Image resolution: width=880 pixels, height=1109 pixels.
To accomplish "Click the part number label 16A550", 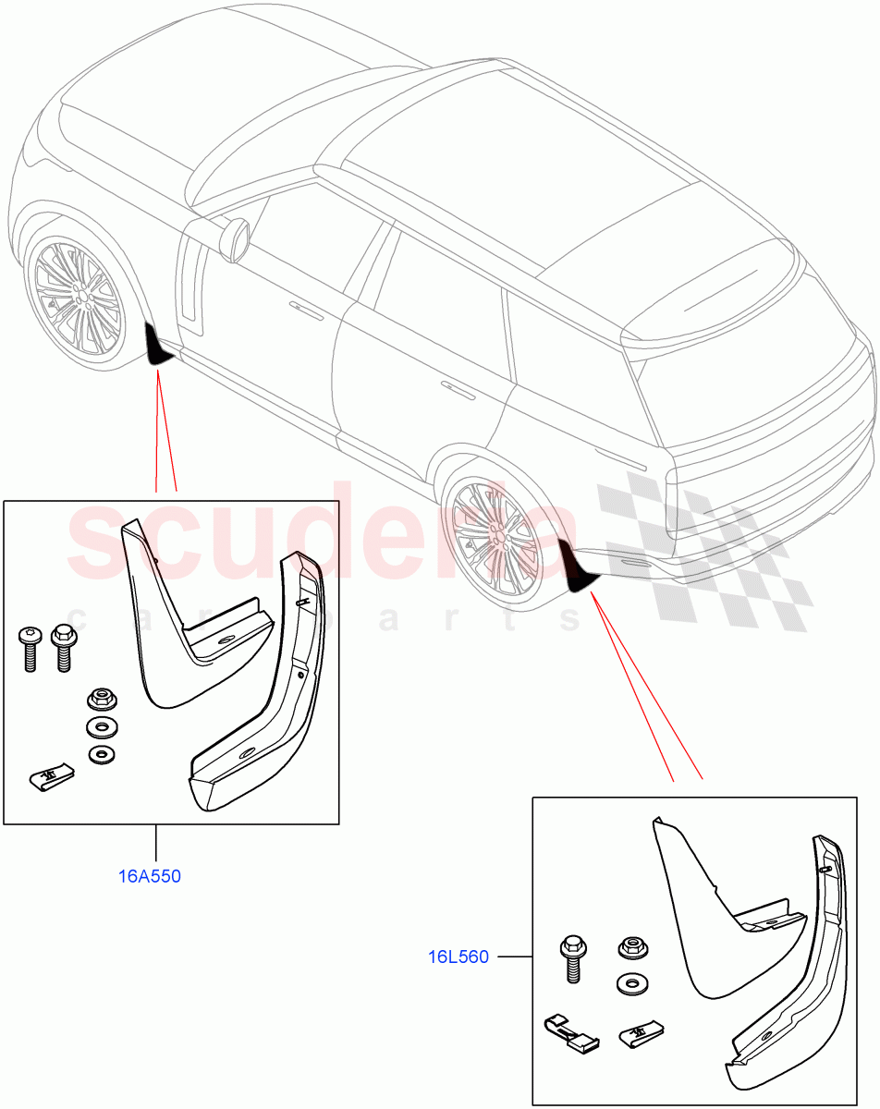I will pyautogui.click(x=150, y=876).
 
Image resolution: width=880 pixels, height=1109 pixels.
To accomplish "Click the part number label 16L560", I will pyautogui.click(x=458, y=957).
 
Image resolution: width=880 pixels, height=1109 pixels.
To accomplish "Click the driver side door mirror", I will pyautogui.click(x=238, y=238).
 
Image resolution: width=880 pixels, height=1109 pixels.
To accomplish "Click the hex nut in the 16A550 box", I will pyautogui.click(x=99, y=698).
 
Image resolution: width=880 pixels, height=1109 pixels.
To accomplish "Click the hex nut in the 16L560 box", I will pyautogui.click(x=631, y=948).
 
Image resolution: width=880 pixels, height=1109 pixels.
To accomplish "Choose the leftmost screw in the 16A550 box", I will pyautogui.click(x=29, y=650).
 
